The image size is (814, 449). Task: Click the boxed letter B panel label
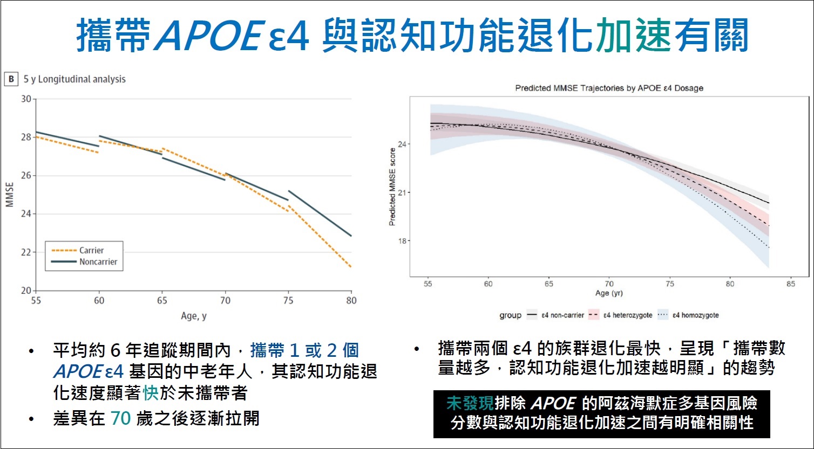click(11, 79)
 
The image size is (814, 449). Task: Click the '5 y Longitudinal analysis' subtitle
click(74, 79)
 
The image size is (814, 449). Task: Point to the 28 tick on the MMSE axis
click(26, 137)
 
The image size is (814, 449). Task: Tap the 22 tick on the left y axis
click(26, 252)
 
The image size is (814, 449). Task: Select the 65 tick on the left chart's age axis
click(162, 301)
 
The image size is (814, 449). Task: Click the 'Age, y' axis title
click(194, 316)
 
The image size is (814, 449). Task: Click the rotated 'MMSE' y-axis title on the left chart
click(10, 195)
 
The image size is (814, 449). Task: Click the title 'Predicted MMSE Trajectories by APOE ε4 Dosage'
click(609, 88)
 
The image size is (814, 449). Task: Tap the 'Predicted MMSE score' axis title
click(392, 186)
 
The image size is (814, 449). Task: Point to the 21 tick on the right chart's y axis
click(402, 192)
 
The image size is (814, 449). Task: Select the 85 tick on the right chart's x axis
click(791, 284)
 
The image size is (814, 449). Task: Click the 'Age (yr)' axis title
click(609, 293)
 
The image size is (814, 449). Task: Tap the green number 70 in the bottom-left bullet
click(121, 418)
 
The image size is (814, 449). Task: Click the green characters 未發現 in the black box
click(470, 403)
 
